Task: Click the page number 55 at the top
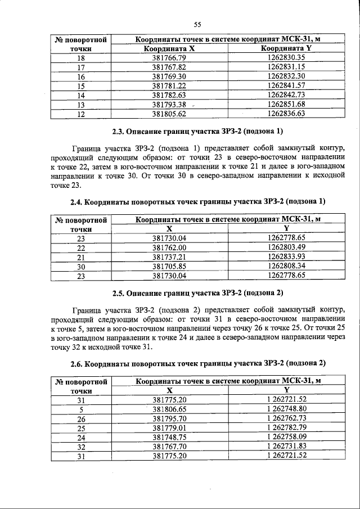pos(197,24)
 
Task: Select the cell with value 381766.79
pos(169,58)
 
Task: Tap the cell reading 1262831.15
pos(286,67)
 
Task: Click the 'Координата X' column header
pos(169,49)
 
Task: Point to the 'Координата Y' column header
pos(286,49)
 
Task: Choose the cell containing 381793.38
pos(169,104)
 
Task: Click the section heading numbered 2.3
pos(197,133)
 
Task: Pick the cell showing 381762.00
pos(169,247)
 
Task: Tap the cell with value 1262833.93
pos(286,256)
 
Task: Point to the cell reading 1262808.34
pos(286,266)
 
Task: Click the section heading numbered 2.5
pos(197,294)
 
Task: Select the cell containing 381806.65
pos(169,409)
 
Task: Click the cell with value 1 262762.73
pos(286,418)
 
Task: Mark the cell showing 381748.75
pos(169,437)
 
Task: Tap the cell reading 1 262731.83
pos(286,446)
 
